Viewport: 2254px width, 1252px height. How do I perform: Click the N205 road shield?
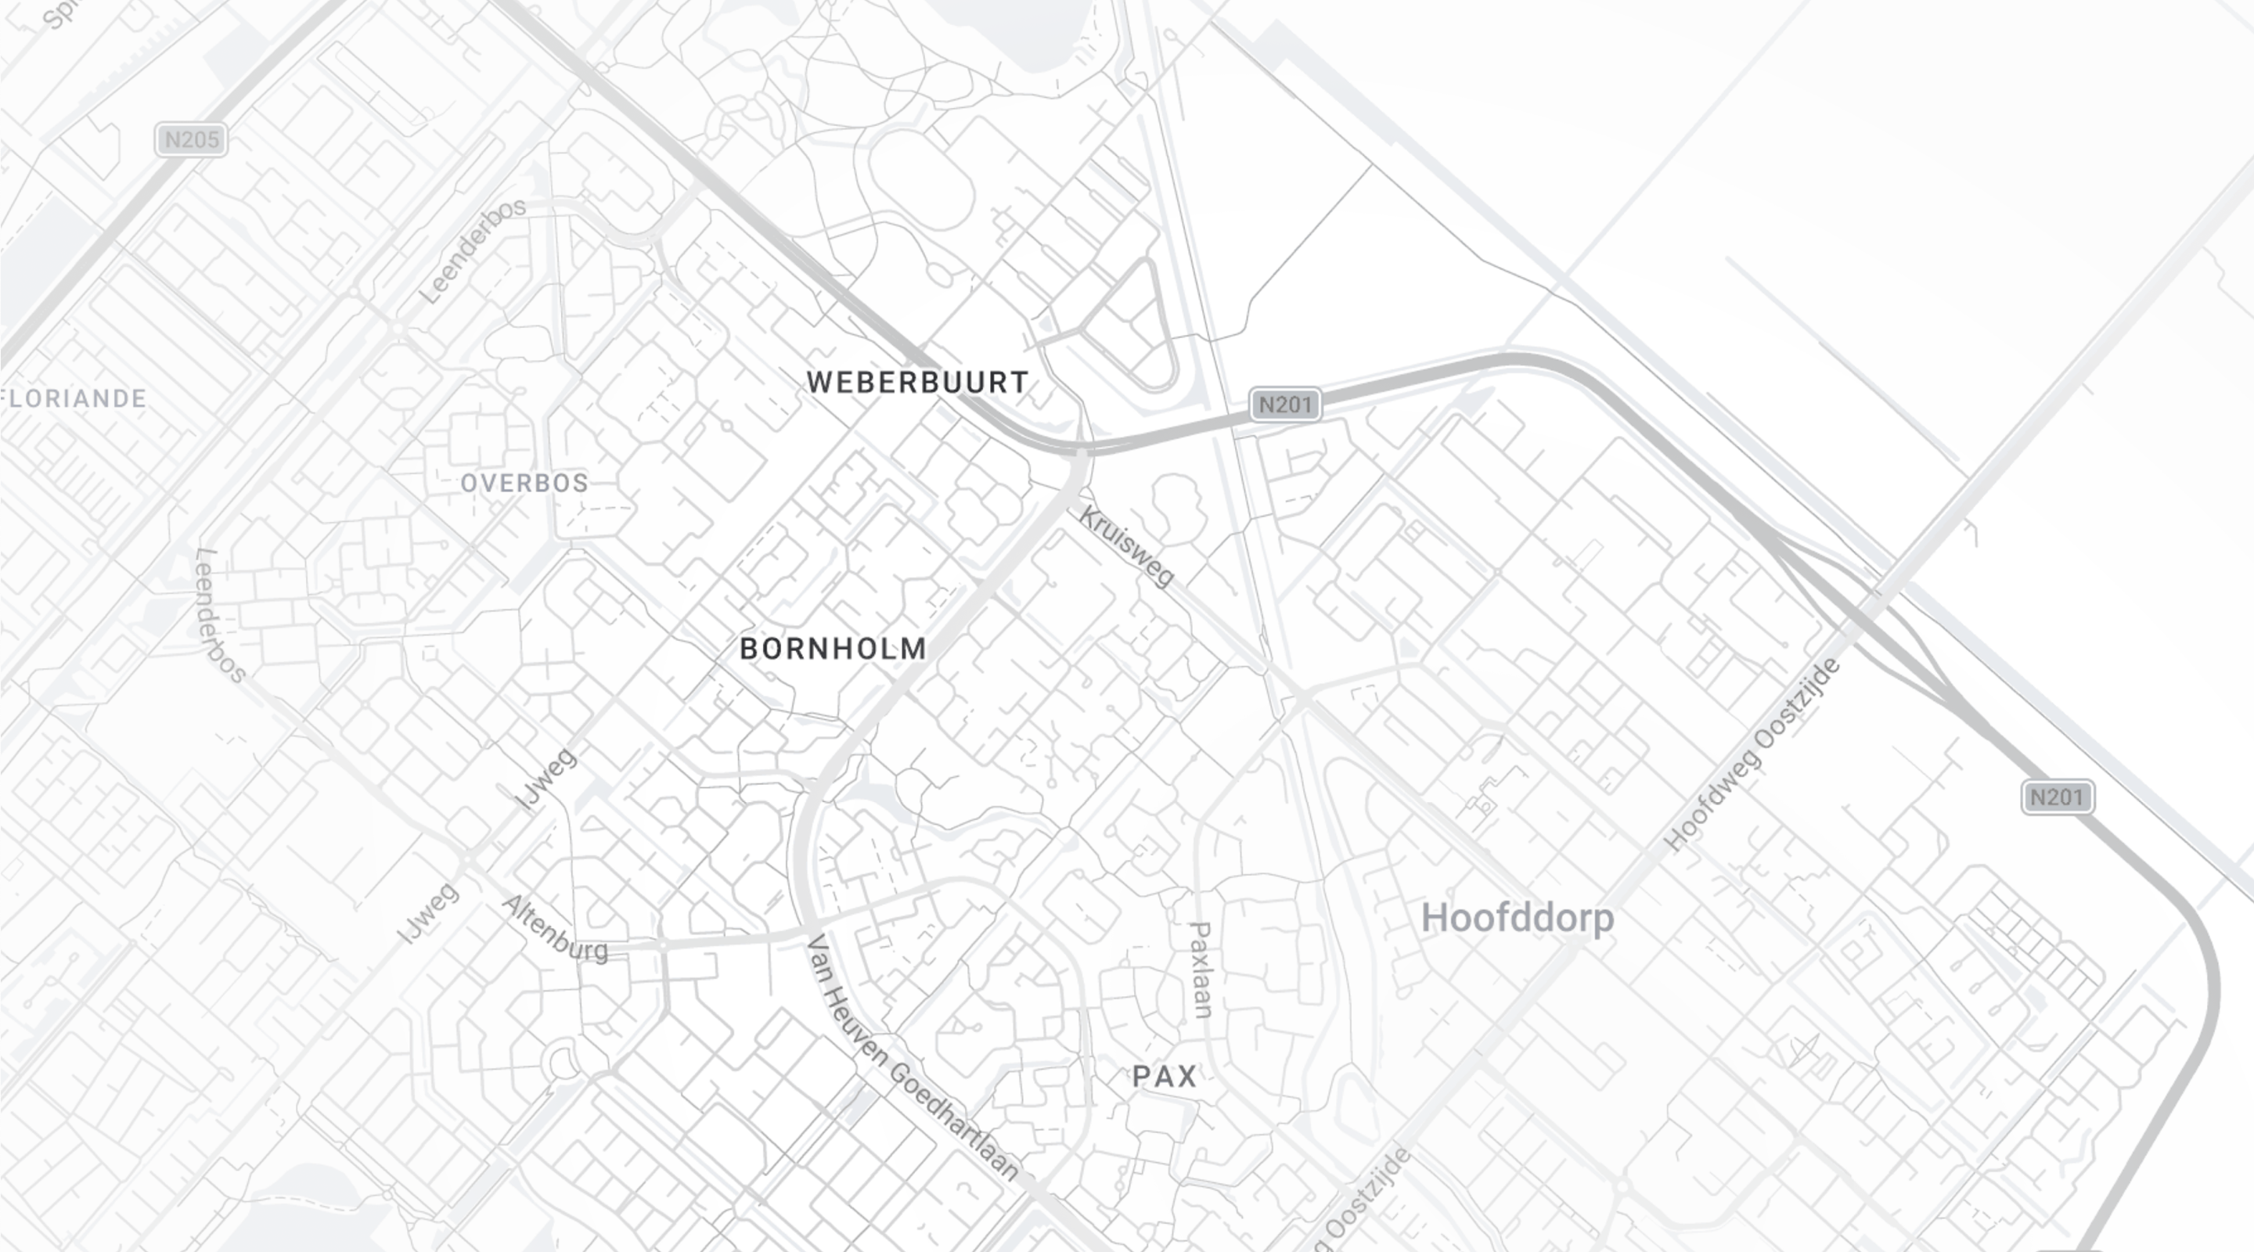coord(192,140)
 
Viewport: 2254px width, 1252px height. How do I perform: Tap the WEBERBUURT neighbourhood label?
coord(917,383)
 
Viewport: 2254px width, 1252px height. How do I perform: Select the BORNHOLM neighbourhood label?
coord(832,649)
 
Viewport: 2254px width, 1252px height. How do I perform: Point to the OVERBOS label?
coord(524,483)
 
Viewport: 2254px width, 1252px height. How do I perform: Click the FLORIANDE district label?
coord(75,399)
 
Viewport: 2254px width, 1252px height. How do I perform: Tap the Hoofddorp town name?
coord(1518,919)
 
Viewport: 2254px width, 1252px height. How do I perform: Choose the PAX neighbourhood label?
coord(1165,1076)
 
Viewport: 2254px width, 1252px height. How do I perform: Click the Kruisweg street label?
coord(1126,546)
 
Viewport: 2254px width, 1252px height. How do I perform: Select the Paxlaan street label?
coord(1202,970)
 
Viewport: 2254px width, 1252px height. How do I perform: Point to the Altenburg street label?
coord(556,929)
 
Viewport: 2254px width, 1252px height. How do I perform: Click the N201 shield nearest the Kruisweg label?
coord(1284,405)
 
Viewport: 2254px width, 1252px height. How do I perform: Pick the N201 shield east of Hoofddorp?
coord(2057,797)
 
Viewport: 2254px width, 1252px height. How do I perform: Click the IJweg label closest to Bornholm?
coord(546,779)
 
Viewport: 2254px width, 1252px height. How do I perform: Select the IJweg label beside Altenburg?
coord(428,912)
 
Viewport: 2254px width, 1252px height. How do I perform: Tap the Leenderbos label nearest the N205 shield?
coord(473,250)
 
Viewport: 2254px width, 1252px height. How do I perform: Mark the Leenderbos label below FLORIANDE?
coord(220,615)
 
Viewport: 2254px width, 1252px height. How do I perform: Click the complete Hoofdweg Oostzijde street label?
coord(1752,754)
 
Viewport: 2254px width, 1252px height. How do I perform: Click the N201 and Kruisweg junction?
coord(1082,451)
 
